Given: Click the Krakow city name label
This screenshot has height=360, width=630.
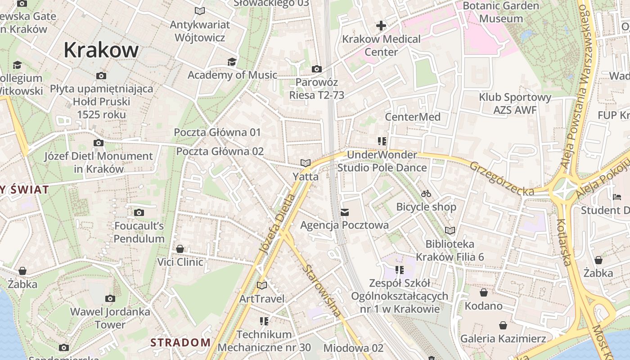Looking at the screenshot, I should click(x=101, y=50).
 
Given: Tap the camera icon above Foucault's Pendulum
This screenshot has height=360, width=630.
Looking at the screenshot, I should click(x=139, y=212).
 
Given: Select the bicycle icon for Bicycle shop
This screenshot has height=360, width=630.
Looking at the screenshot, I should click(x=426, y=194).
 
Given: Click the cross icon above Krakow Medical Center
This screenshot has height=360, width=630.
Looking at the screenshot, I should click(x=381, y=26).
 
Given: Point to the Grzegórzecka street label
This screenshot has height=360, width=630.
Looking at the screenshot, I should click(x=502, y=179).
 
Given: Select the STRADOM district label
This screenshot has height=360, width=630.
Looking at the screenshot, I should click(x=180, y=342).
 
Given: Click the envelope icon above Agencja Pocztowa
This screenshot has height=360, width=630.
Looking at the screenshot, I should click(x=345, y=212).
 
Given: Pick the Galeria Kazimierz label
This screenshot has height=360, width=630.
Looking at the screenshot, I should click(x=503, y=338).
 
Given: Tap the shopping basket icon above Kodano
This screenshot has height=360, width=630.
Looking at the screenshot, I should click(x=484, y=293).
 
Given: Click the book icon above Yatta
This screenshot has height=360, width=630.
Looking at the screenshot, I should click(x=306, y=163).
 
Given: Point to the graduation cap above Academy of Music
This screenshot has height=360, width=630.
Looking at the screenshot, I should click(x=232, y=62).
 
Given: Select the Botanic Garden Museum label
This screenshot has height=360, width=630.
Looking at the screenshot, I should click(x=501, y=12).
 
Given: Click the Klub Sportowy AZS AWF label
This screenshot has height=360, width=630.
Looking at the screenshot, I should click(x=515, y=103).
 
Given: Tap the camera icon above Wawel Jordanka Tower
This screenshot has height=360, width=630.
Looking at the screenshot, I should click(x=110, y=298).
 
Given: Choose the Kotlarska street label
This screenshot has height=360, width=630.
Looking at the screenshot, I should click(x=564, y=242).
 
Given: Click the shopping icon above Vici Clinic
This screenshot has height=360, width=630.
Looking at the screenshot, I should click(x=180, y=249).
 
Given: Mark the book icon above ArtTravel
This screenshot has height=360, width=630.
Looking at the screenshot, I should click(x=261, y=285).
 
